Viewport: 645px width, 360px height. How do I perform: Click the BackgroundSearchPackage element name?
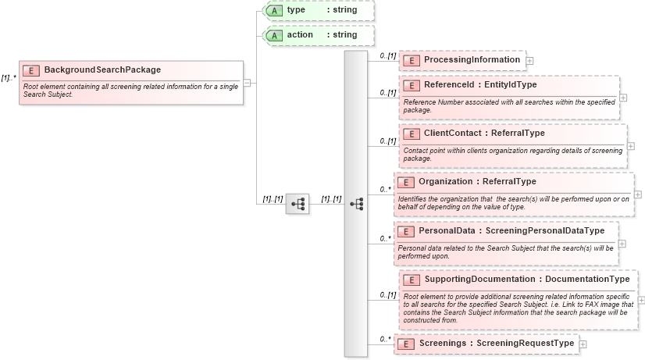click(x=102, y=70)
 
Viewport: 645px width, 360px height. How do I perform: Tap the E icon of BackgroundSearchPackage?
click(x=31, y=70)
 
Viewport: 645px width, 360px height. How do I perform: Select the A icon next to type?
click(x=274, y=10)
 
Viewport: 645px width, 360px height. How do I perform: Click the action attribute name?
click(x=300, y=35)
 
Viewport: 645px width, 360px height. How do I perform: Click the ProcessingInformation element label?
click(x=472, y=60)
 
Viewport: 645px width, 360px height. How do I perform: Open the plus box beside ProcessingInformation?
click(x=529, y=60)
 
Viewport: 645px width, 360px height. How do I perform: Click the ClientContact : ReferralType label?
click(x=484, y=134)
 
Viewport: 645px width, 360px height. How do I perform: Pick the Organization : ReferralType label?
click(x=477, y=182)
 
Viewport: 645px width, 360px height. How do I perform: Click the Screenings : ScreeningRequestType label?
click(x=496, y=344)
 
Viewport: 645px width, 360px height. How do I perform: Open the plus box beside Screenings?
click(x=583, y=344)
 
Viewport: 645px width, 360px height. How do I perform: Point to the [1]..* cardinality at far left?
click(x=9, y=77)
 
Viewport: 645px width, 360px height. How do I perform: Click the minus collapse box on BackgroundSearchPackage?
click(x=247, y=82)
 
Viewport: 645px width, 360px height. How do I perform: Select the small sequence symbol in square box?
click(x=298, y=203)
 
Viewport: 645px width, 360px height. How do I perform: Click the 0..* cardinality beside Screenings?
click(x=385, y=339)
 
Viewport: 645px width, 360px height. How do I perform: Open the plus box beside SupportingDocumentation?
click(x=641, y=299)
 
